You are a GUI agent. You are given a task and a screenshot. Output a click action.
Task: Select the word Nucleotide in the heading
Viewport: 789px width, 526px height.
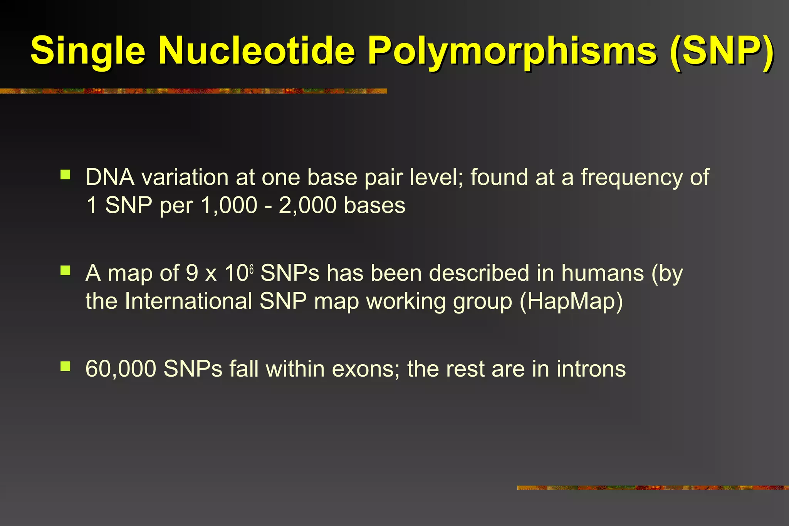(256, 50)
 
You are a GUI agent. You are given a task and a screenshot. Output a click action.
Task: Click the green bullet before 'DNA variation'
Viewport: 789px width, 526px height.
(65, 175)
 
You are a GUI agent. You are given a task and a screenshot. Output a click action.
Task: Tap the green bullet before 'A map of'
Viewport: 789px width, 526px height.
(65, 271)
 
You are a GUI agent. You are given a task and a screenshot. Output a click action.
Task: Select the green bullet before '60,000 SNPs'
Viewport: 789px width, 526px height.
(65, 366)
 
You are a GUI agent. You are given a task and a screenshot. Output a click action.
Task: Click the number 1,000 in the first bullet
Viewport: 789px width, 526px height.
(229, 205)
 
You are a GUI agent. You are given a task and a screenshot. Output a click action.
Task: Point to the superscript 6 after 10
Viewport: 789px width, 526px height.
(251, 269)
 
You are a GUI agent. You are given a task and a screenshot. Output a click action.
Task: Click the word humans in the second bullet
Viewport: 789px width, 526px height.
(603, 273)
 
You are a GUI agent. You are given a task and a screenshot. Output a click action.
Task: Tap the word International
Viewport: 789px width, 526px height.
(188, 301)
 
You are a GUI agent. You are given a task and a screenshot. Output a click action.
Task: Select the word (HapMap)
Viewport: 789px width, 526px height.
(571, 302)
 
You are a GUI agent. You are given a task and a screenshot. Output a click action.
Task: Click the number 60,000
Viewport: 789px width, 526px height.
(121, 369)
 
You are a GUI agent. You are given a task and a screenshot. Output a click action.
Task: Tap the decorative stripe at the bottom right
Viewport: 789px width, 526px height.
(653, 488)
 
